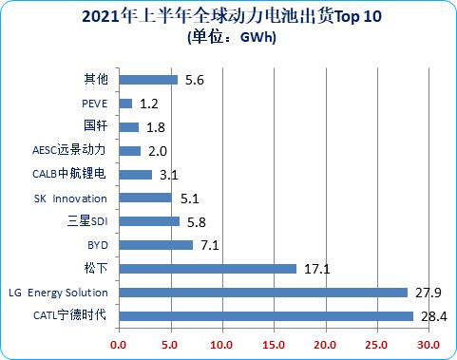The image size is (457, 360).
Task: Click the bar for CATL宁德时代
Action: [266, 316]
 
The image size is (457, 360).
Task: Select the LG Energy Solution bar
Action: [263, 293]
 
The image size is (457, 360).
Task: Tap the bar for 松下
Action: [207, 269]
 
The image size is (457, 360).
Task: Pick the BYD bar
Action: [156, 245]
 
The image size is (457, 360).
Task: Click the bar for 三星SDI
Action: [149, 221]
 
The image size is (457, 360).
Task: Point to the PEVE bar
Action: [125, 103]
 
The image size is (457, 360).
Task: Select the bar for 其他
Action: [148, 80]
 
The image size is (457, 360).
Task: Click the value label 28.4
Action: [430, 316]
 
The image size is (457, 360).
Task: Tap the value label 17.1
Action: [315, 269]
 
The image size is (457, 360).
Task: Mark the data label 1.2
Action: [149, 103]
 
